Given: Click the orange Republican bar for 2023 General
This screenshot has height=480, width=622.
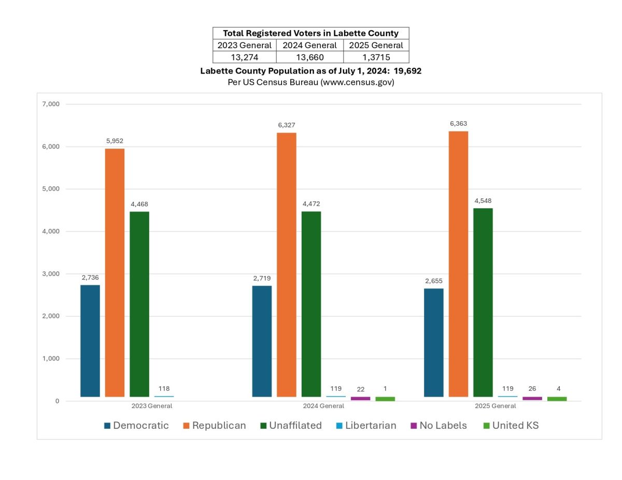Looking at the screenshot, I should (x=115, y=272).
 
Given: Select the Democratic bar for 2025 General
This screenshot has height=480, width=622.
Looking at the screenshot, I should (x=433, y=342).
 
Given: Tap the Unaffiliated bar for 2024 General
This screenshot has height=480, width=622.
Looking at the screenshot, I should (x=311, y=304).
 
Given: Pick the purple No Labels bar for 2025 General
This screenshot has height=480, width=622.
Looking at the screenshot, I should (x=532, y=398).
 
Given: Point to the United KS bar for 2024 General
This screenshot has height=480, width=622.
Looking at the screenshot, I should (x=385, y=398).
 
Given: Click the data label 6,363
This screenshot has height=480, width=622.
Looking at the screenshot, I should (x=458, y=124).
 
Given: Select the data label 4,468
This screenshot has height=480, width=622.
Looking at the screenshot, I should (x=139, y=204).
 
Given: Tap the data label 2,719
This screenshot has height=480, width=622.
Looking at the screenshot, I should (x=262, y=278).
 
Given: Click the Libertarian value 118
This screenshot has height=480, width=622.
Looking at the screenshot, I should (x=164, y=388).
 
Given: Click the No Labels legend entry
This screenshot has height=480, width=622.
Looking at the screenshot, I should (x=438, y=426).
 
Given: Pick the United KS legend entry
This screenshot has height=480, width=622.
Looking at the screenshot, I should (x=511, y=426).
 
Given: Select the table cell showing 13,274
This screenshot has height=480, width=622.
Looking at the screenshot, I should (x=244, y=57).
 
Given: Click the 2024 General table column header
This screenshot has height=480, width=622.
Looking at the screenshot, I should (x=309, y=45).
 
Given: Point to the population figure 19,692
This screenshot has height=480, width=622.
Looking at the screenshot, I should (x=407, y=71).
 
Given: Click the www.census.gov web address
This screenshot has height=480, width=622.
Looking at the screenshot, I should (x=356, y=82).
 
